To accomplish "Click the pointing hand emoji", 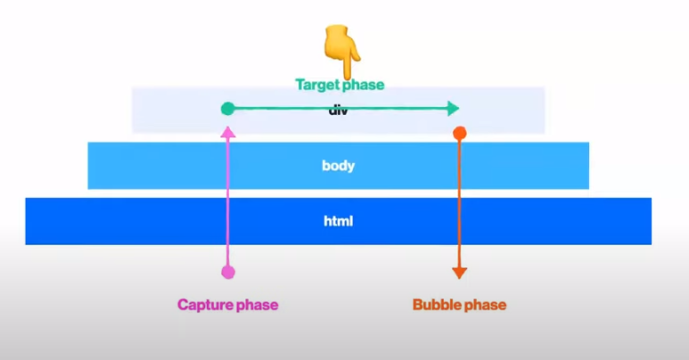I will [x=340, y=51].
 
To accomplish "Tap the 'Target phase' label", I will [x=340, y=86].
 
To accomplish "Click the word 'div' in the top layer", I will [x=338, y=110].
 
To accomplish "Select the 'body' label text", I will [x=338, y=165].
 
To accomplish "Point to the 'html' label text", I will [x=338, y=220].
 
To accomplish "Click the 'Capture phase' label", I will [x=227, y=305].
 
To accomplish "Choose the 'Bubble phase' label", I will [x=459, y=305].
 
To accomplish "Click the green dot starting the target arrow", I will [x=227, y=109].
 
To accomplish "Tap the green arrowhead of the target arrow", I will [x=454, y=109].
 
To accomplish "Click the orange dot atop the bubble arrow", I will [x=459, y=134].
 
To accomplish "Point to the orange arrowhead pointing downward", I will [x=459, y=272].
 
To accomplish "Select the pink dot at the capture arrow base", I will [x=227, y=271].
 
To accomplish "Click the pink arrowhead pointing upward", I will [x=227, y=131].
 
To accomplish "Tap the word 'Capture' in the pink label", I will [x=204, y=305].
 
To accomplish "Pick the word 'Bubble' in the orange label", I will [x=436, y=305].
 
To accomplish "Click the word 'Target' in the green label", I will [x=318, y=86].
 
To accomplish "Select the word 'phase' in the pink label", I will [x=256, y=305].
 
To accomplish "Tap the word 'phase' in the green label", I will [x=364, y=86].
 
